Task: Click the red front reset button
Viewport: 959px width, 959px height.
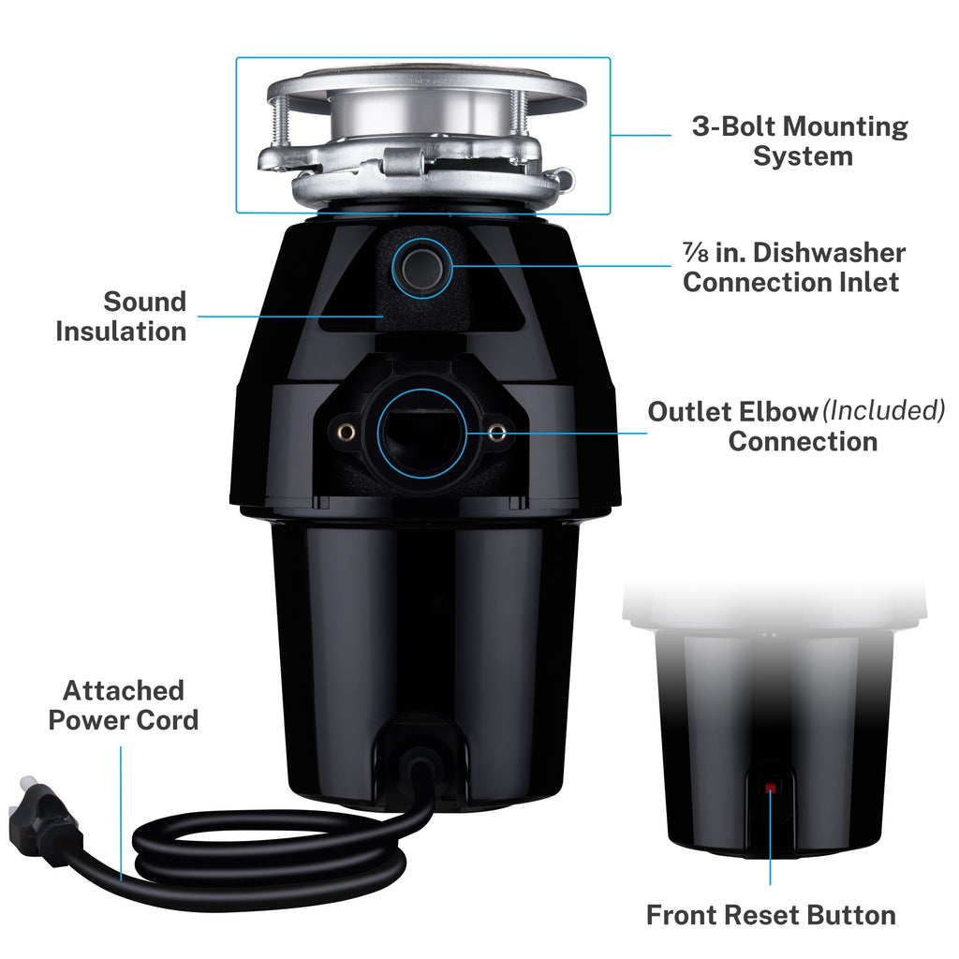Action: click(x=770, y=789)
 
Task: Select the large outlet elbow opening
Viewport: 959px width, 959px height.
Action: click(x=421, y=430)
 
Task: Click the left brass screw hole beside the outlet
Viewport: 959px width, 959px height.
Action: click(x=346, y=430)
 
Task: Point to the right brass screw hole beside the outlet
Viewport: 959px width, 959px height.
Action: click(x=497, y=431)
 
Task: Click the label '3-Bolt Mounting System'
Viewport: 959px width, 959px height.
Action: click(x=800, y=140)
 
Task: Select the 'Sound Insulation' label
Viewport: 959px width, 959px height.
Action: click(x=121, y=316)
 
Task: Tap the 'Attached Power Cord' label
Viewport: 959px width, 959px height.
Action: click(x=123, y=705)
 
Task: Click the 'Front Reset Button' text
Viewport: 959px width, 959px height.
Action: click(x=770, y=915)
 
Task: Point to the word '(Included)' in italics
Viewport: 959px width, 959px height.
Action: click(x=883, y=411)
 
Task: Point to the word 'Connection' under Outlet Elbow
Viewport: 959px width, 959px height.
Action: click(x=803, y=441)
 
